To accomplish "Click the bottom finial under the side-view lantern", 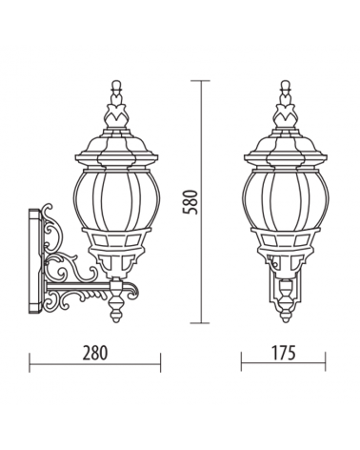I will click(116, 310).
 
